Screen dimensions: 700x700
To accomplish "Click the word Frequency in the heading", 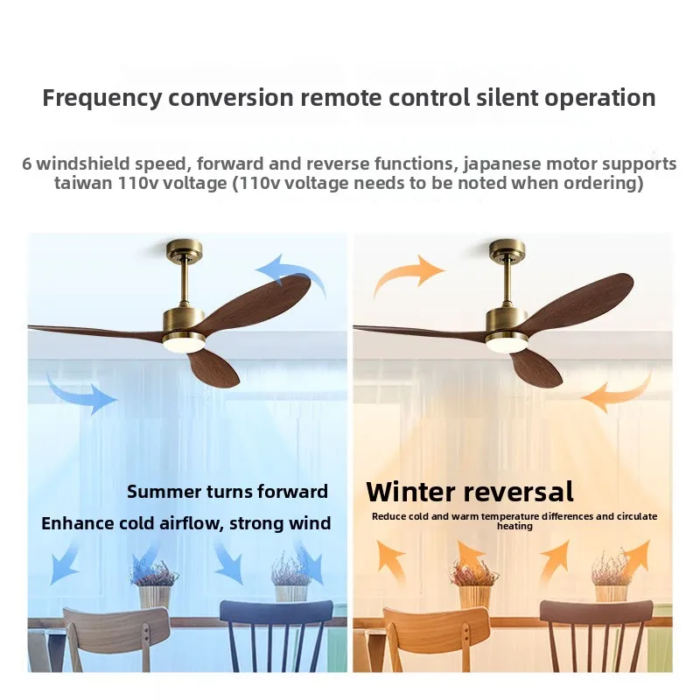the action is (101, 99).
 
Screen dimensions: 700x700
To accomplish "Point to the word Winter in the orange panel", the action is (411, 492).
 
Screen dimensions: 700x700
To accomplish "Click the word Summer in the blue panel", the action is (164, 492).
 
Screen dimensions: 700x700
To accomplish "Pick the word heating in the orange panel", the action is (514, 527).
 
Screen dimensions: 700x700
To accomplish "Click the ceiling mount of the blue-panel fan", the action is (184, 251).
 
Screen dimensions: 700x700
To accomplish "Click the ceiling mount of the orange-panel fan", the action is (507, 251).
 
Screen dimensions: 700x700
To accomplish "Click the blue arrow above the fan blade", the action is (295, 271).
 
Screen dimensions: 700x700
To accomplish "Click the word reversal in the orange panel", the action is (518, 492).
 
